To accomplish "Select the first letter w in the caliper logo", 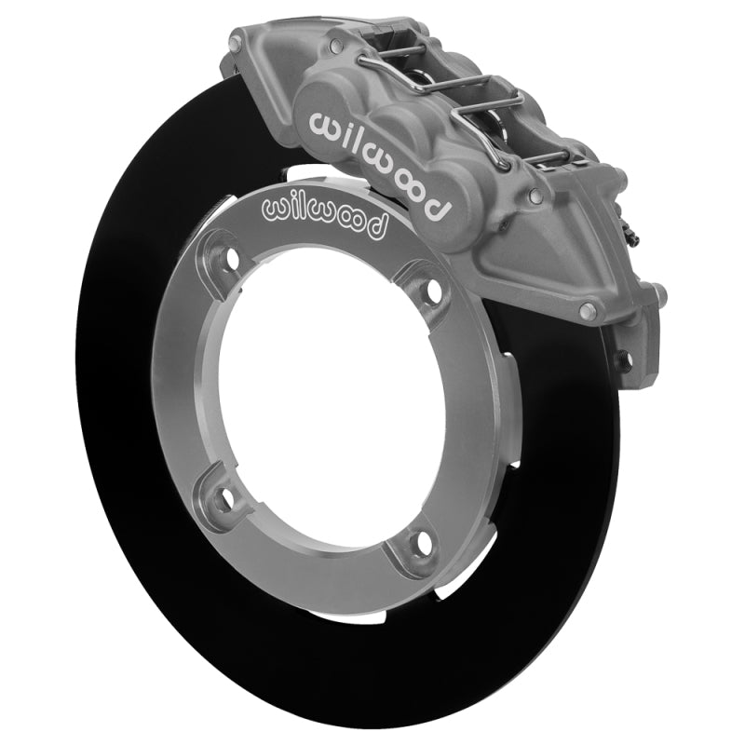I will pyautogui.click(x=320, y=123).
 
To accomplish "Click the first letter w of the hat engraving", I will pyautogui.click(x=277, y=210).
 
